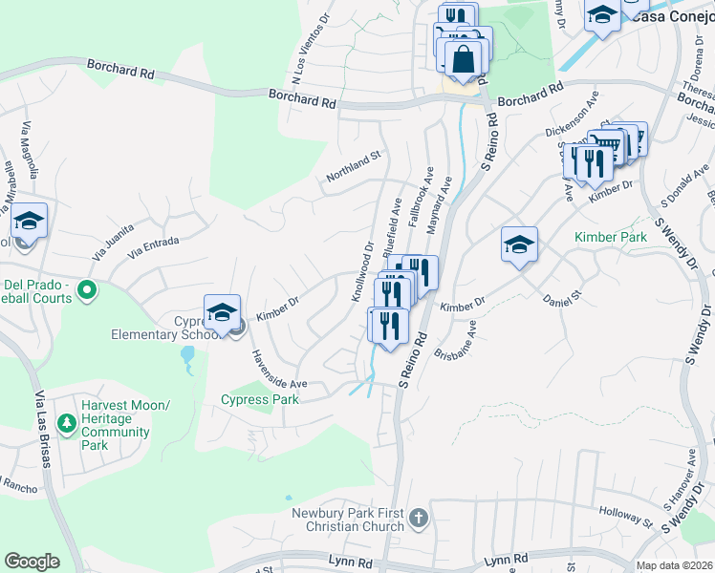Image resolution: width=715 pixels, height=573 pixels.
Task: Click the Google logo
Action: pyautogui.click(x=32, y=562)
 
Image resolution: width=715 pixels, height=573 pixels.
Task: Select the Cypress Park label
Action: pyautogui.click(x=260, y=400)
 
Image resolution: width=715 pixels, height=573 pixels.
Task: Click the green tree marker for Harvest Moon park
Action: pyautogui.click(x=67, y=422)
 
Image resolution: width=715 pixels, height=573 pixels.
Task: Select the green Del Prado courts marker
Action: pyautogui.click(x=87, y=288)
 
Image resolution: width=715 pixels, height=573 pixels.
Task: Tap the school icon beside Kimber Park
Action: pyautogui.click(x=519, y=244)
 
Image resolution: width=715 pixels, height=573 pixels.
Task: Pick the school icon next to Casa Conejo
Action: pyautogui.click(x=602, y=15)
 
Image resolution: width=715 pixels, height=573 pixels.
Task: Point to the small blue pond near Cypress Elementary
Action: pyautogui.click(x=186, y=359)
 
